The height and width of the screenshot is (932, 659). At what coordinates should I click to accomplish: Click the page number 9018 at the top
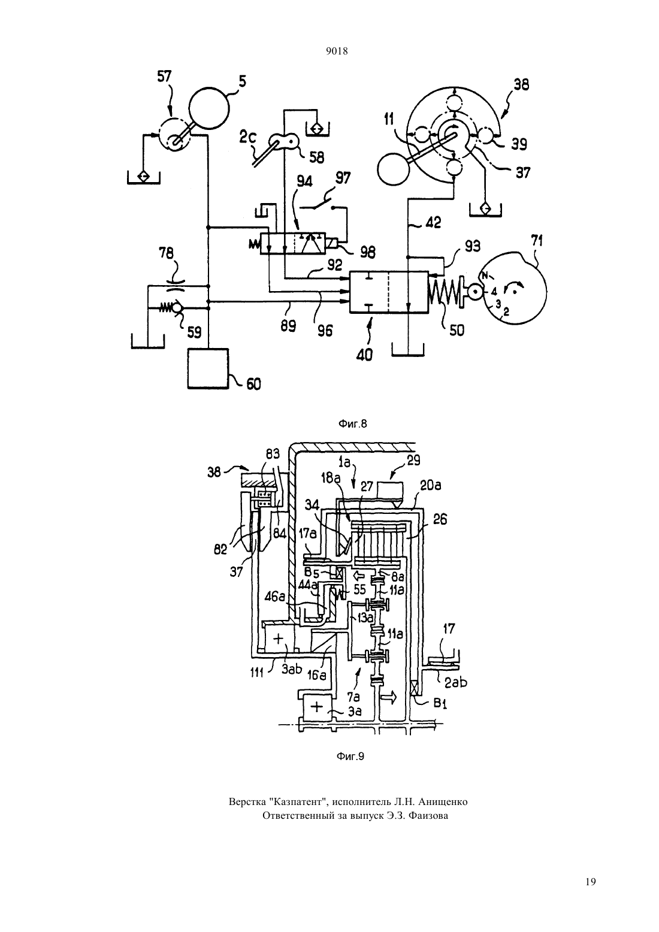(337, 51)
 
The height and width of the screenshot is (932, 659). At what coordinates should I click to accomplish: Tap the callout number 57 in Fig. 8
(164, 77)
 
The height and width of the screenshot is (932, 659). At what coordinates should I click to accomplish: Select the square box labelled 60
(208, 368)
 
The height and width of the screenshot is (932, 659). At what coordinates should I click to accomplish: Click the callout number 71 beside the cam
(536, 241)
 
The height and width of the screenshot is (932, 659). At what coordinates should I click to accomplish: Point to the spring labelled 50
(443, 294)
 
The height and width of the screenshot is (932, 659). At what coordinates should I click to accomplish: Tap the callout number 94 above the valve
(305, 182)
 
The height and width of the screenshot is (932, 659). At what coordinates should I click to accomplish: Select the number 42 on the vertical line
(433, 222)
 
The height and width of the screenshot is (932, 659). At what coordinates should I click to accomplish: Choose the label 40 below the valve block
(364, 355)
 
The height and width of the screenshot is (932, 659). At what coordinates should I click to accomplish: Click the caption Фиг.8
(352, 424)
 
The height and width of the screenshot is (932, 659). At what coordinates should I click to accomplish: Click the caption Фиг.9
(350, 757)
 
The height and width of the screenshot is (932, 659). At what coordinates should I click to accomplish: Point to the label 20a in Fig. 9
(431, 486)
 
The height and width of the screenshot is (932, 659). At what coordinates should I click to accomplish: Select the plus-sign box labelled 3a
(317, 707)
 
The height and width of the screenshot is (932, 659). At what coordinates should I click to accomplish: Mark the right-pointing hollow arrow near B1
(390, 696)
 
